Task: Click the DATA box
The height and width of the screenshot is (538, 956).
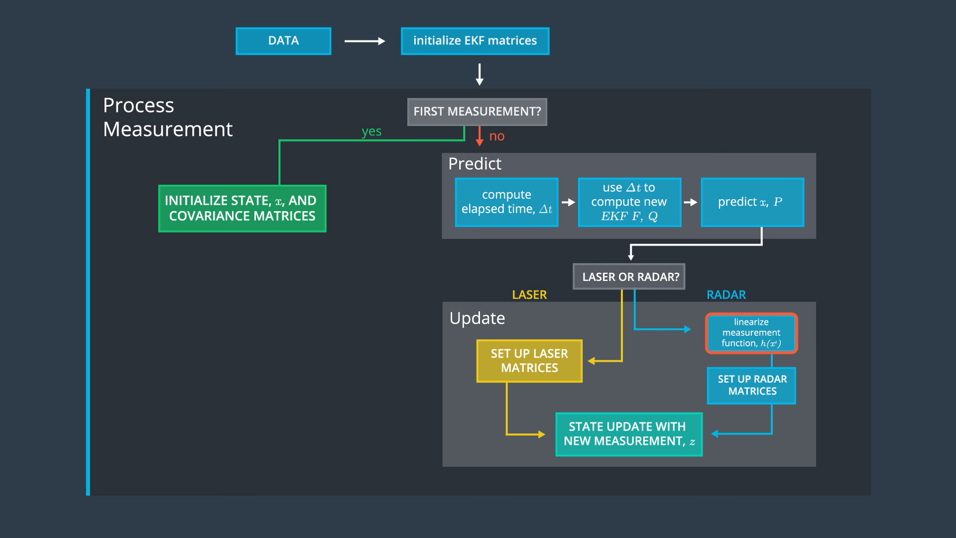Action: [x=283, y=41]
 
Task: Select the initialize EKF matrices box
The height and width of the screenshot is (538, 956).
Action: [x=475, y=41]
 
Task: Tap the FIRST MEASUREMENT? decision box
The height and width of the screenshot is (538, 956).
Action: [x=477, y=112]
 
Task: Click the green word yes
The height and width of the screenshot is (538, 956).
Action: [x=371, y=132]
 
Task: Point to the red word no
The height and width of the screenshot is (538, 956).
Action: [x=497, y=136]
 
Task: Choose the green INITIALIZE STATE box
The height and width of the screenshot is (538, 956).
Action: [x=242, y=208]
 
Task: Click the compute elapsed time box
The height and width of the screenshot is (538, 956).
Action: [x=507, y=202]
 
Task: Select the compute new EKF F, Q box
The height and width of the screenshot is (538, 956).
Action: [x=629, y=202]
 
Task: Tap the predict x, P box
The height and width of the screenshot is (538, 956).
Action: [x=752, y=202]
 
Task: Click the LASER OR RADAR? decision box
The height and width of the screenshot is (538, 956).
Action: [x=629, y=276]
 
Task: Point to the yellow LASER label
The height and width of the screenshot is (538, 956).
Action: [x=529, y=295]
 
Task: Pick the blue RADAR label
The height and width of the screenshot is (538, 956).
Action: [x=726, y=295]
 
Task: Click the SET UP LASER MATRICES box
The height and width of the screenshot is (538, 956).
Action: [x=529, y=361]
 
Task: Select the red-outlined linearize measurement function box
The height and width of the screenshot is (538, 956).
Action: [x=751, y=333]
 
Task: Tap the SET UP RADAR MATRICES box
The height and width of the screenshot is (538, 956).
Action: [x=752, y=386]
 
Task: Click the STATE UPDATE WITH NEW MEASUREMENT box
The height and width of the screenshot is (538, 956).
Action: [x=629, y=434]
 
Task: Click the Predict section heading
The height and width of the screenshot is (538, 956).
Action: [x=475, y=164]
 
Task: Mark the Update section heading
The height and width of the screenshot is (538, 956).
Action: [x=477, y=318]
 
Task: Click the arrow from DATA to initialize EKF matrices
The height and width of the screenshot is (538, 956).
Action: [x=365, y=41]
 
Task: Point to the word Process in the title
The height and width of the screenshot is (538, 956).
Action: [x=138, y=106]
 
